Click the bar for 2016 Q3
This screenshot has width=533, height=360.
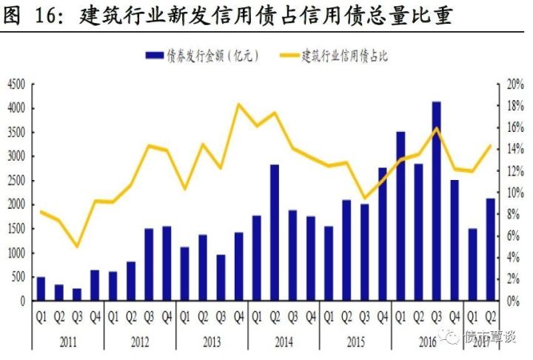437,201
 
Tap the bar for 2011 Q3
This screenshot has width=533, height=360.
77,294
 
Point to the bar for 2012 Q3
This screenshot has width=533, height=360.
149,264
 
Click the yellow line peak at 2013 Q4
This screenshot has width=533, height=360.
239,104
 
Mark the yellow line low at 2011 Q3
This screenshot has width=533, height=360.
77,246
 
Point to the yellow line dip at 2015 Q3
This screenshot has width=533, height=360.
364,199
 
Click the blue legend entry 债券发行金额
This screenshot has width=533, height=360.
201,56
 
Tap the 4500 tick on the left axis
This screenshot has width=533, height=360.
16,84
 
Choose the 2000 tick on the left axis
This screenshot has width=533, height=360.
16,205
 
